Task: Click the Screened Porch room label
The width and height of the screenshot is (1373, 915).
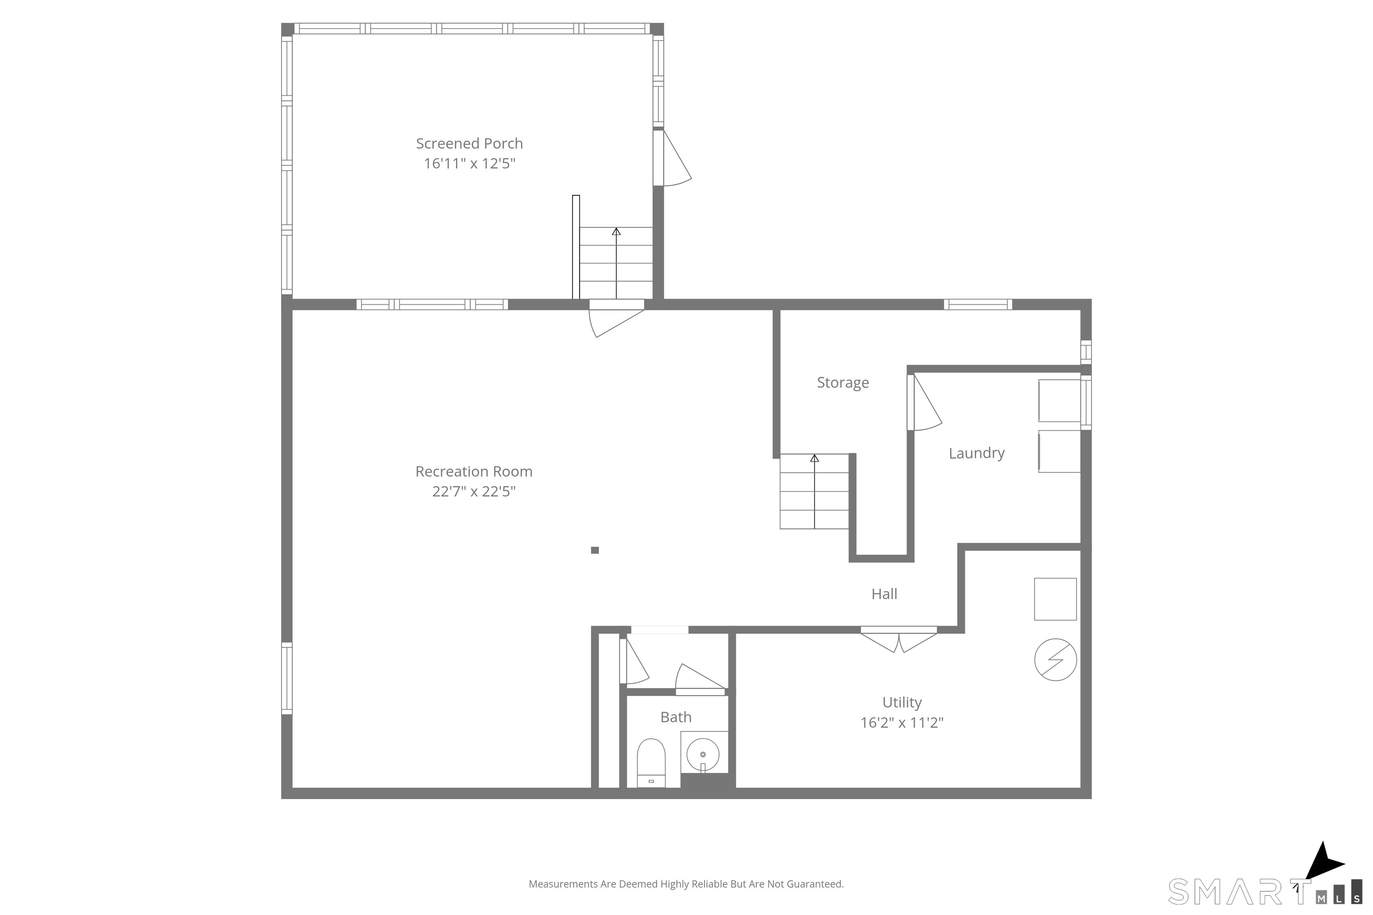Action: (469, 143)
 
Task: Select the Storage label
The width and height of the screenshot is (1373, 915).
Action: (842, 383)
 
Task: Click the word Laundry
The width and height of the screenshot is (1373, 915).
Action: (976, 453)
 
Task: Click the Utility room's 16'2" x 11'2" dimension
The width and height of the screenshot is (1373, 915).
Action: (901, 723)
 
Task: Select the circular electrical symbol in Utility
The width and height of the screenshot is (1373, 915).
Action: (1055, 660)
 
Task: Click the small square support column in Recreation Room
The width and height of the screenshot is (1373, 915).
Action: (594, 550)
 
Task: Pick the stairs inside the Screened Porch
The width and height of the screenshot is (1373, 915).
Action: (615, 263)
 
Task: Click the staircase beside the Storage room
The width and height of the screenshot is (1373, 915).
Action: (814, 491)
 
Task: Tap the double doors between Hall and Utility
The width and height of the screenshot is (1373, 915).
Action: (898, 639)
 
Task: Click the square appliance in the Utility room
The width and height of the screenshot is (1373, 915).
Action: (1055, 599)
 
